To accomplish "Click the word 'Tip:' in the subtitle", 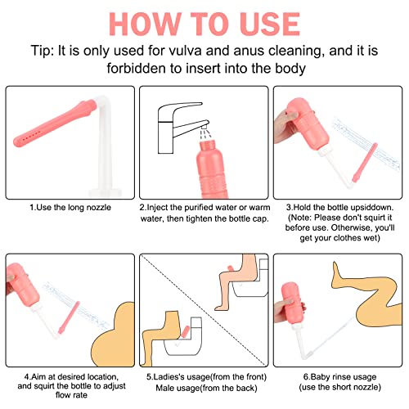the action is point(43,51).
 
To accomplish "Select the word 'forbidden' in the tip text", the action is point(136,68).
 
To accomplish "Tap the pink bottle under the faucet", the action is point(212,169).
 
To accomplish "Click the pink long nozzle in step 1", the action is point(55,124).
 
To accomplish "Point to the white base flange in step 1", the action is point(105,192).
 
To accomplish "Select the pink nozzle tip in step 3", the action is point(365,163).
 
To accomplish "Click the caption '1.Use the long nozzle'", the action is point(70,208).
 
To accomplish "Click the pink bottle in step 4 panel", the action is point(23,284).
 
